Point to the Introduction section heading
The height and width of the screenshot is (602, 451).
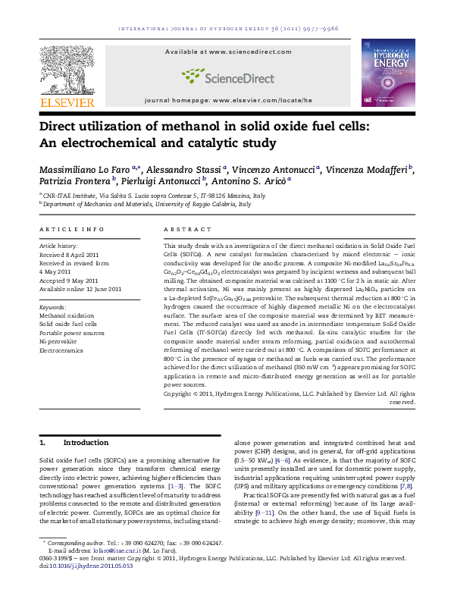(x=86, y=442)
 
